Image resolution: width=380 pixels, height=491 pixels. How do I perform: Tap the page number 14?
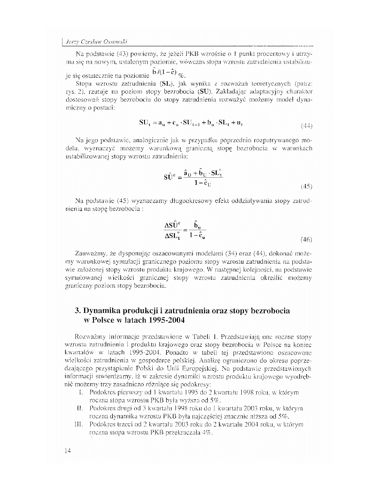pos(68,451)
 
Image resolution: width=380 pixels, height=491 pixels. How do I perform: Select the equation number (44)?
pos(306,126)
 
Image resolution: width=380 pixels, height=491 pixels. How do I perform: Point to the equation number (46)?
pos(306,239)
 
